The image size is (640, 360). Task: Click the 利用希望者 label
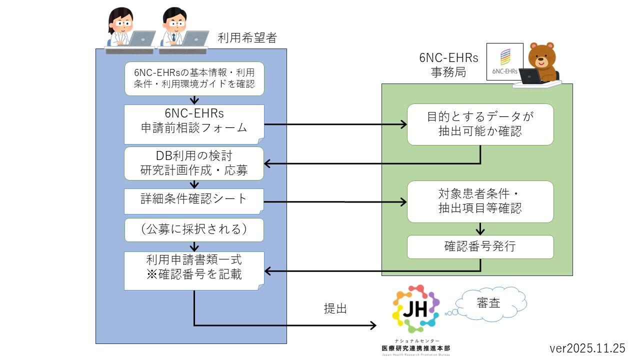pos(247,37)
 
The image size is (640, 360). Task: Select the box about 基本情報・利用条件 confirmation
pos(194,78)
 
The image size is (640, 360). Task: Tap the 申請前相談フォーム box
pos(194,121)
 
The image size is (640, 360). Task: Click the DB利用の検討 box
pos(194,163)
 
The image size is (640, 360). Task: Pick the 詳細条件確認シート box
pos(194,199)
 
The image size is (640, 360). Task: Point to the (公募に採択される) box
pos(194,229)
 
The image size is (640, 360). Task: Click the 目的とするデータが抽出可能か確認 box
pos(480,124)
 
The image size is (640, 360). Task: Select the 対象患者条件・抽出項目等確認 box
pos(480,201)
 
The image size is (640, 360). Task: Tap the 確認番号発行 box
pos(480,247)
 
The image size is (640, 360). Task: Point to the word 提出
pos(335,309)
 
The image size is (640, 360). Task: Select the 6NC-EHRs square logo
pos(505,61)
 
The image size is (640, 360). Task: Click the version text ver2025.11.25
pos(587,348)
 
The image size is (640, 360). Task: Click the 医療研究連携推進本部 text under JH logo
pos(415,347)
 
